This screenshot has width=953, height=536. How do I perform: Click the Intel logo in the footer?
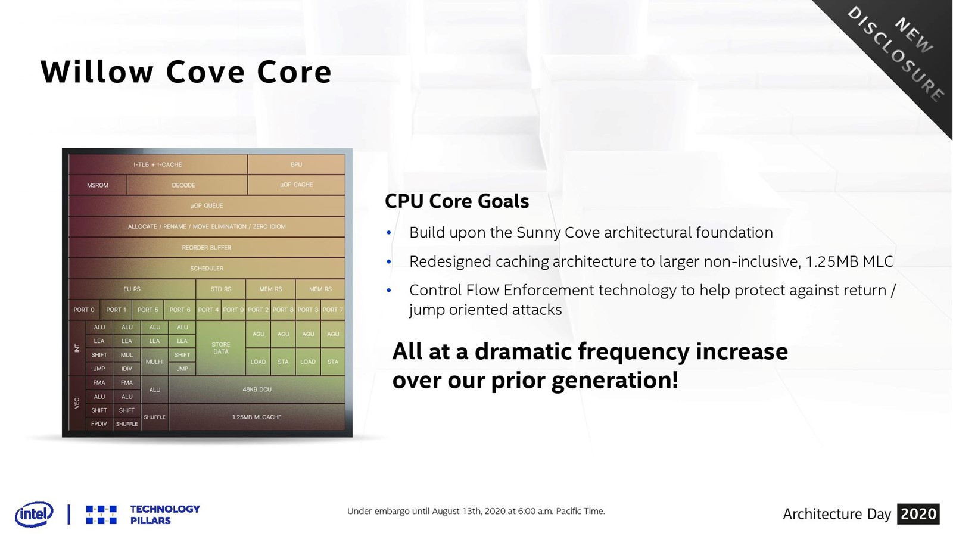pyautogui.click(x=34, y=514)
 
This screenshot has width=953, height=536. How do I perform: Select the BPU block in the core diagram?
pyautogui.click(x=296, y=164)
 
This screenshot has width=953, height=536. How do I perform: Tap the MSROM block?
pyautogui.click(x=98, y=185)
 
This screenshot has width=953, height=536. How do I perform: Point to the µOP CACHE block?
pyautogui.click(x=296, y=185)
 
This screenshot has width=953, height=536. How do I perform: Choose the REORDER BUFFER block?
pyautogui.click(x=207, y=247)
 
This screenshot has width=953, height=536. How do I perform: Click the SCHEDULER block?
pyautogui.click(x=207, y=268)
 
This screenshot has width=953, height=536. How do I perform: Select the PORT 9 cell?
pyautogui.click(x=233, y=310)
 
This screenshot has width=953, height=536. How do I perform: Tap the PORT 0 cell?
pyautogui.click(x=84, y=310)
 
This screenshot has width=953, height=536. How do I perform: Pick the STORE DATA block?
pyautogui.click(x=221, y=348)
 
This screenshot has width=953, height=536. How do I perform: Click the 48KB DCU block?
pyautogui.click(x=257, y=389)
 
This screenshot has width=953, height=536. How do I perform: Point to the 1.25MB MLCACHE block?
pyautogui.click(x=257, y=417)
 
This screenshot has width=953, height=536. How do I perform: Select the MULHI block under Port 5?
pyautogui.click(x=154, y=362)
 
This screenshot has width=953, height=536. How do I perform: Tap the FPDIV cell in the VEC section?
pyautogui.click(x=99, y=423)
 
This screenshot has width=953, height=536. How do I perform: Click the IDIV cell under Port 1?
pyautogui.click(x=127, y=369)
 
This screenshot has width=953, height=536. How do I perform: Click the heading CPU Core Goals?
pyautogui.click(x=457, y=201)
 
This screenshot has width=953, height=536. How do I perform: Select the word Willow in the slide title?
pyautogui.click(x=96, y=71)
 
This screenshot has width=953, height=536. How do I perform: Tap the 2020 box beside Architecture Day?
pyautogui.click(x=918, y=514)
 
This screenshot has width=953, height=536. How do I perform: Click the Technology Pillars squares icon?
pyautogui.click(x=101, y=515)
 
